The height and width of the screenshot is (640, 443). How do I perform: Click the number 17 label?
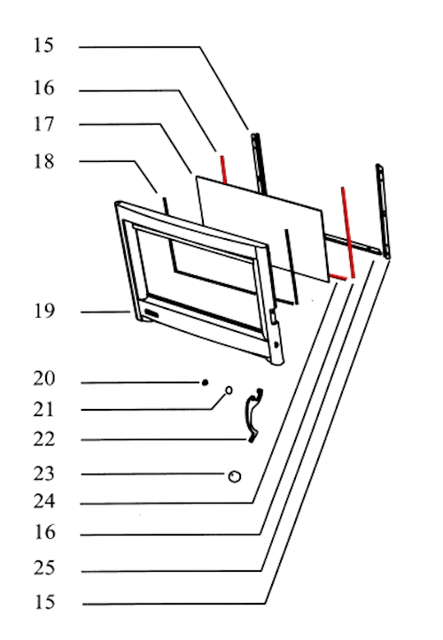click(43, 124)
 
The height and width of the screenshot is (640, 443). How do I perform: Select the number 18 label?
click(43, 161)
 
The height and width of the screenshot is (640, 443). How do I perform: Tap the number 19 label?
click(43, 311)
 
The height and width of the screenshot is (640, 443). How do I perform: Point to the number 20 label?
click(43, 378)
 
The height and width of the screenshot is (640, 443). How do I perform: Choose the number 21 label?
click(43, 409)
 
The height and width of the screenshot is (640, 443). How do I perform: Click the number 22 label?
click(43, 439)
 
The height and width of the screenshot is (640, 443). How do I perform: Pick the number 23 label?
click(43, 474)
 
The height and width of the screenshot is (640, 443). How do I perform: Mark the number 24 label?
click(43, 501)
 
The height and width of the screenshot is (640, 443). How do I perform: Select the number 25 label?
click(43, 567)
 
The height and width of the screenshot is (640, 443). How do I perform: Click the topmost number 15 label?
click(43, 45)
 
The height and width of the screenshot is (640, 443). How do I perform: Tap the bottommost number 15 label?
click(43, 602)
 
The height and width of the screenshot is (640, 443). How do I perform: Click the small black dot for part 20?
click(206, 382)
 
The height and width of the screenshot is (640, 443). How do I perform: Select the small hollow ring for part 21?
click(229, 390)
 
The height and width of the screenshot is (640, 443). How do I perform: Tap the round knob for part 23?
click(235, 476)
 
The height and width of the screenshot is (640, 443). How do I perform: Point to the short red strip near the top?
click(223, 169)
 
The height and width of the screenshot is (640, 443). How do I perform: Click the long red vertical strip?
click(348, 232)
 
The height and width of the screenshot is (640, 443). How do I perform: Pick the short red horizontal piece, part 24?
click(338, 277)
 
